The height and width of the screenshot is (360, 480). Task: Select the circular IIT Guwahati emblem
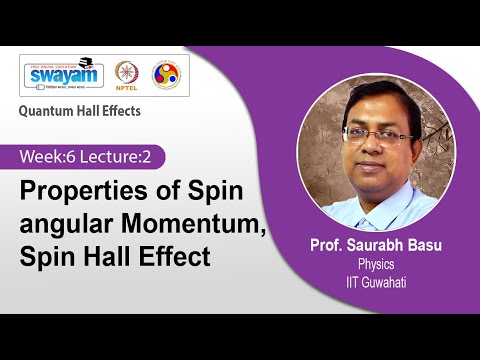pyautogui.click(x=165, y=76)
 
